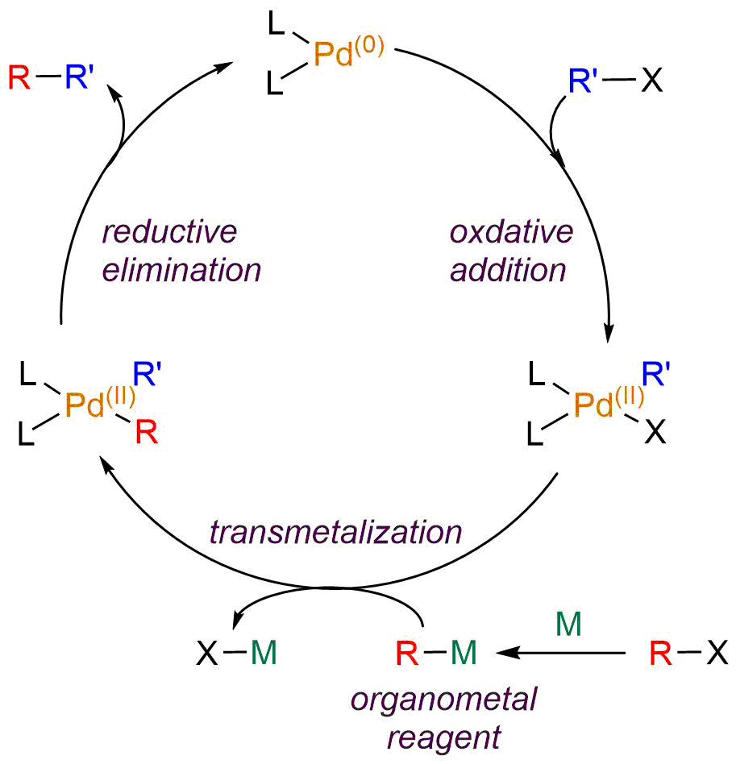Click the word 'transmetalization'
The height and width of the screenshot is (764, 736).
tap(335, 533)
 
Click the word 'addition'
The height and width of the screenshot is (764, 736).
tap(509, 270)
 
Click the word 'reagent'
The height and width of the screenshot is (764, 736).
tap(444, 736)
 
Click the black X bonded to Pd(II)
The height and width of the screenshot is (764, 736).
tap(655, 434)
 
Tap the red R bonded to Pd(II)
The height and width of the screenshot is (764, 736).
tap(147, 434)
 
